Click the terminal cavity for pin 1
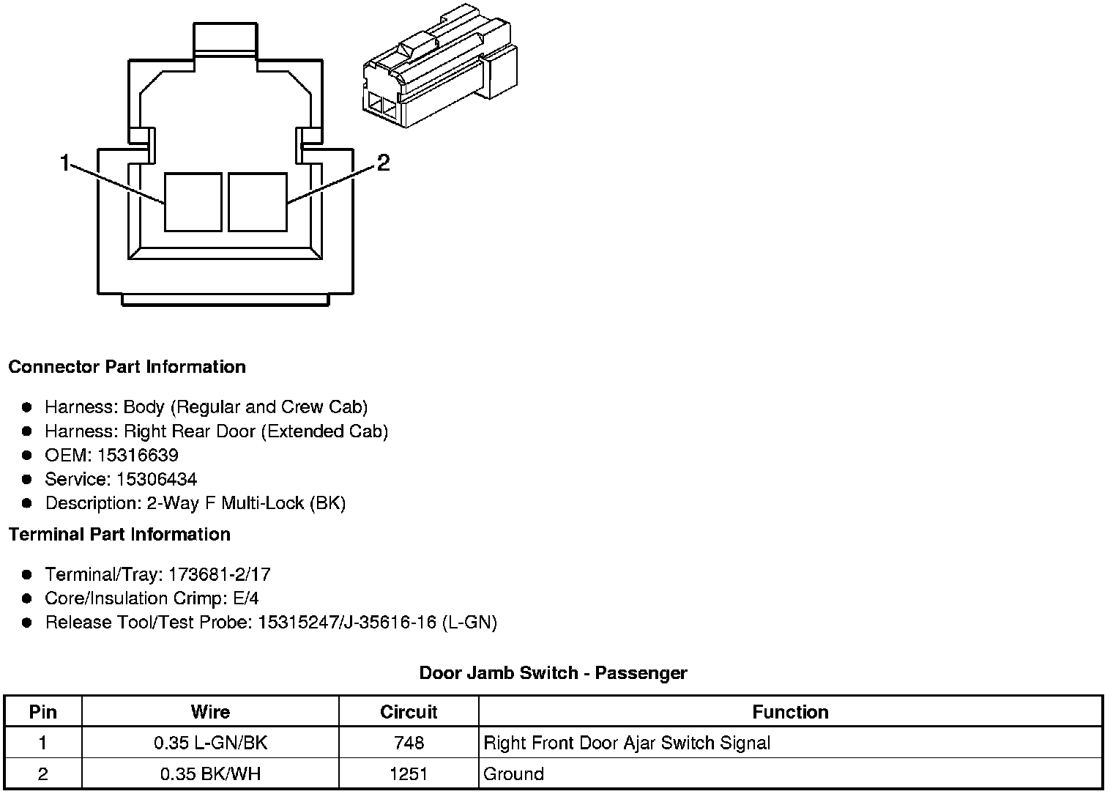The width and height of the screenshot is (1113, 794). pyautogui.click(x=193, y=202)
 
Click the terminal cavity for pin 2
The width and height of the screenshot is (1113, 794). pyautogui.click(x=258, y=202)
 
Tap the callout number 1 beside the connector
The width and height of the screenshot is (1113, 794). pyautogui.click(x=65, y=163)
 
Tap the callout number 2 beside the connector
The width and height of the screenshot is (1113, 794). pyautogui.click(x=383, y=163)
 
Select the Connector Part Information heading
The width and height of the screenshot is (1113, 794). pyautogui.click(x=127, y=367)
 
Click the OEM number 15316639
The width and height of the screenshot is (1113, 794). pyautogui.click(x=138, y=456)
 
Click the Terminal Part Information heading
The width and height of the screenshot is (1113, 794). pyautogui.click(x=119, y=535)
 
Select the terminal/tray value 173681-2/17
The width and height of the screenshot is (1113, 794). pyautogui.click(x=219, y=574)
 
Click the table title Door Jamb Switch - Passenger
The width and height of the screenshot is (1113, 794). pyautogui.click(x=553, y=672)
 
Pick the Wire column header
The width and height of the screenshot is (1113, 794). pyautogui.click(x=210, y=712)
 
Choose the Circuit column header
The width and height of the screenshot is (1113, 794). pyautogui.click(x=409, y=712)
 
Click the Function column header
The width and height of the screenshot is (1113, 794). pyautogui.click(x=790, y=712)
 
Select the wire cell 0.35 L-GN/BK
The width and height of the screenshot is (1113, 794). pyautogui.click(x=210, y=743)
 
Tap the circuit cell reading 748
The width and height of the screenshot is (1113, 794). pyautogui.click(x=409, y=743)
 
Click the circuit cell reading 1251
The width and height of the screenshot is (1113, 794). pyautogui.click(x=409, y=774)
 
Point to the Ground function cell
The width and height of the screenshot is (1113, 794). pyautogui.click(x=514, y=774)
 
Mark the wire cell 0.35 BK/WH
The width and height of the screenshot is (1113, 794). pyautogui.click(x=210, y=774)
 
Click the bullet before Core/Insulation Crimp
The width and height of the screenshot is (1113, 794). pyautogui.click(x=27, y=598)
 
